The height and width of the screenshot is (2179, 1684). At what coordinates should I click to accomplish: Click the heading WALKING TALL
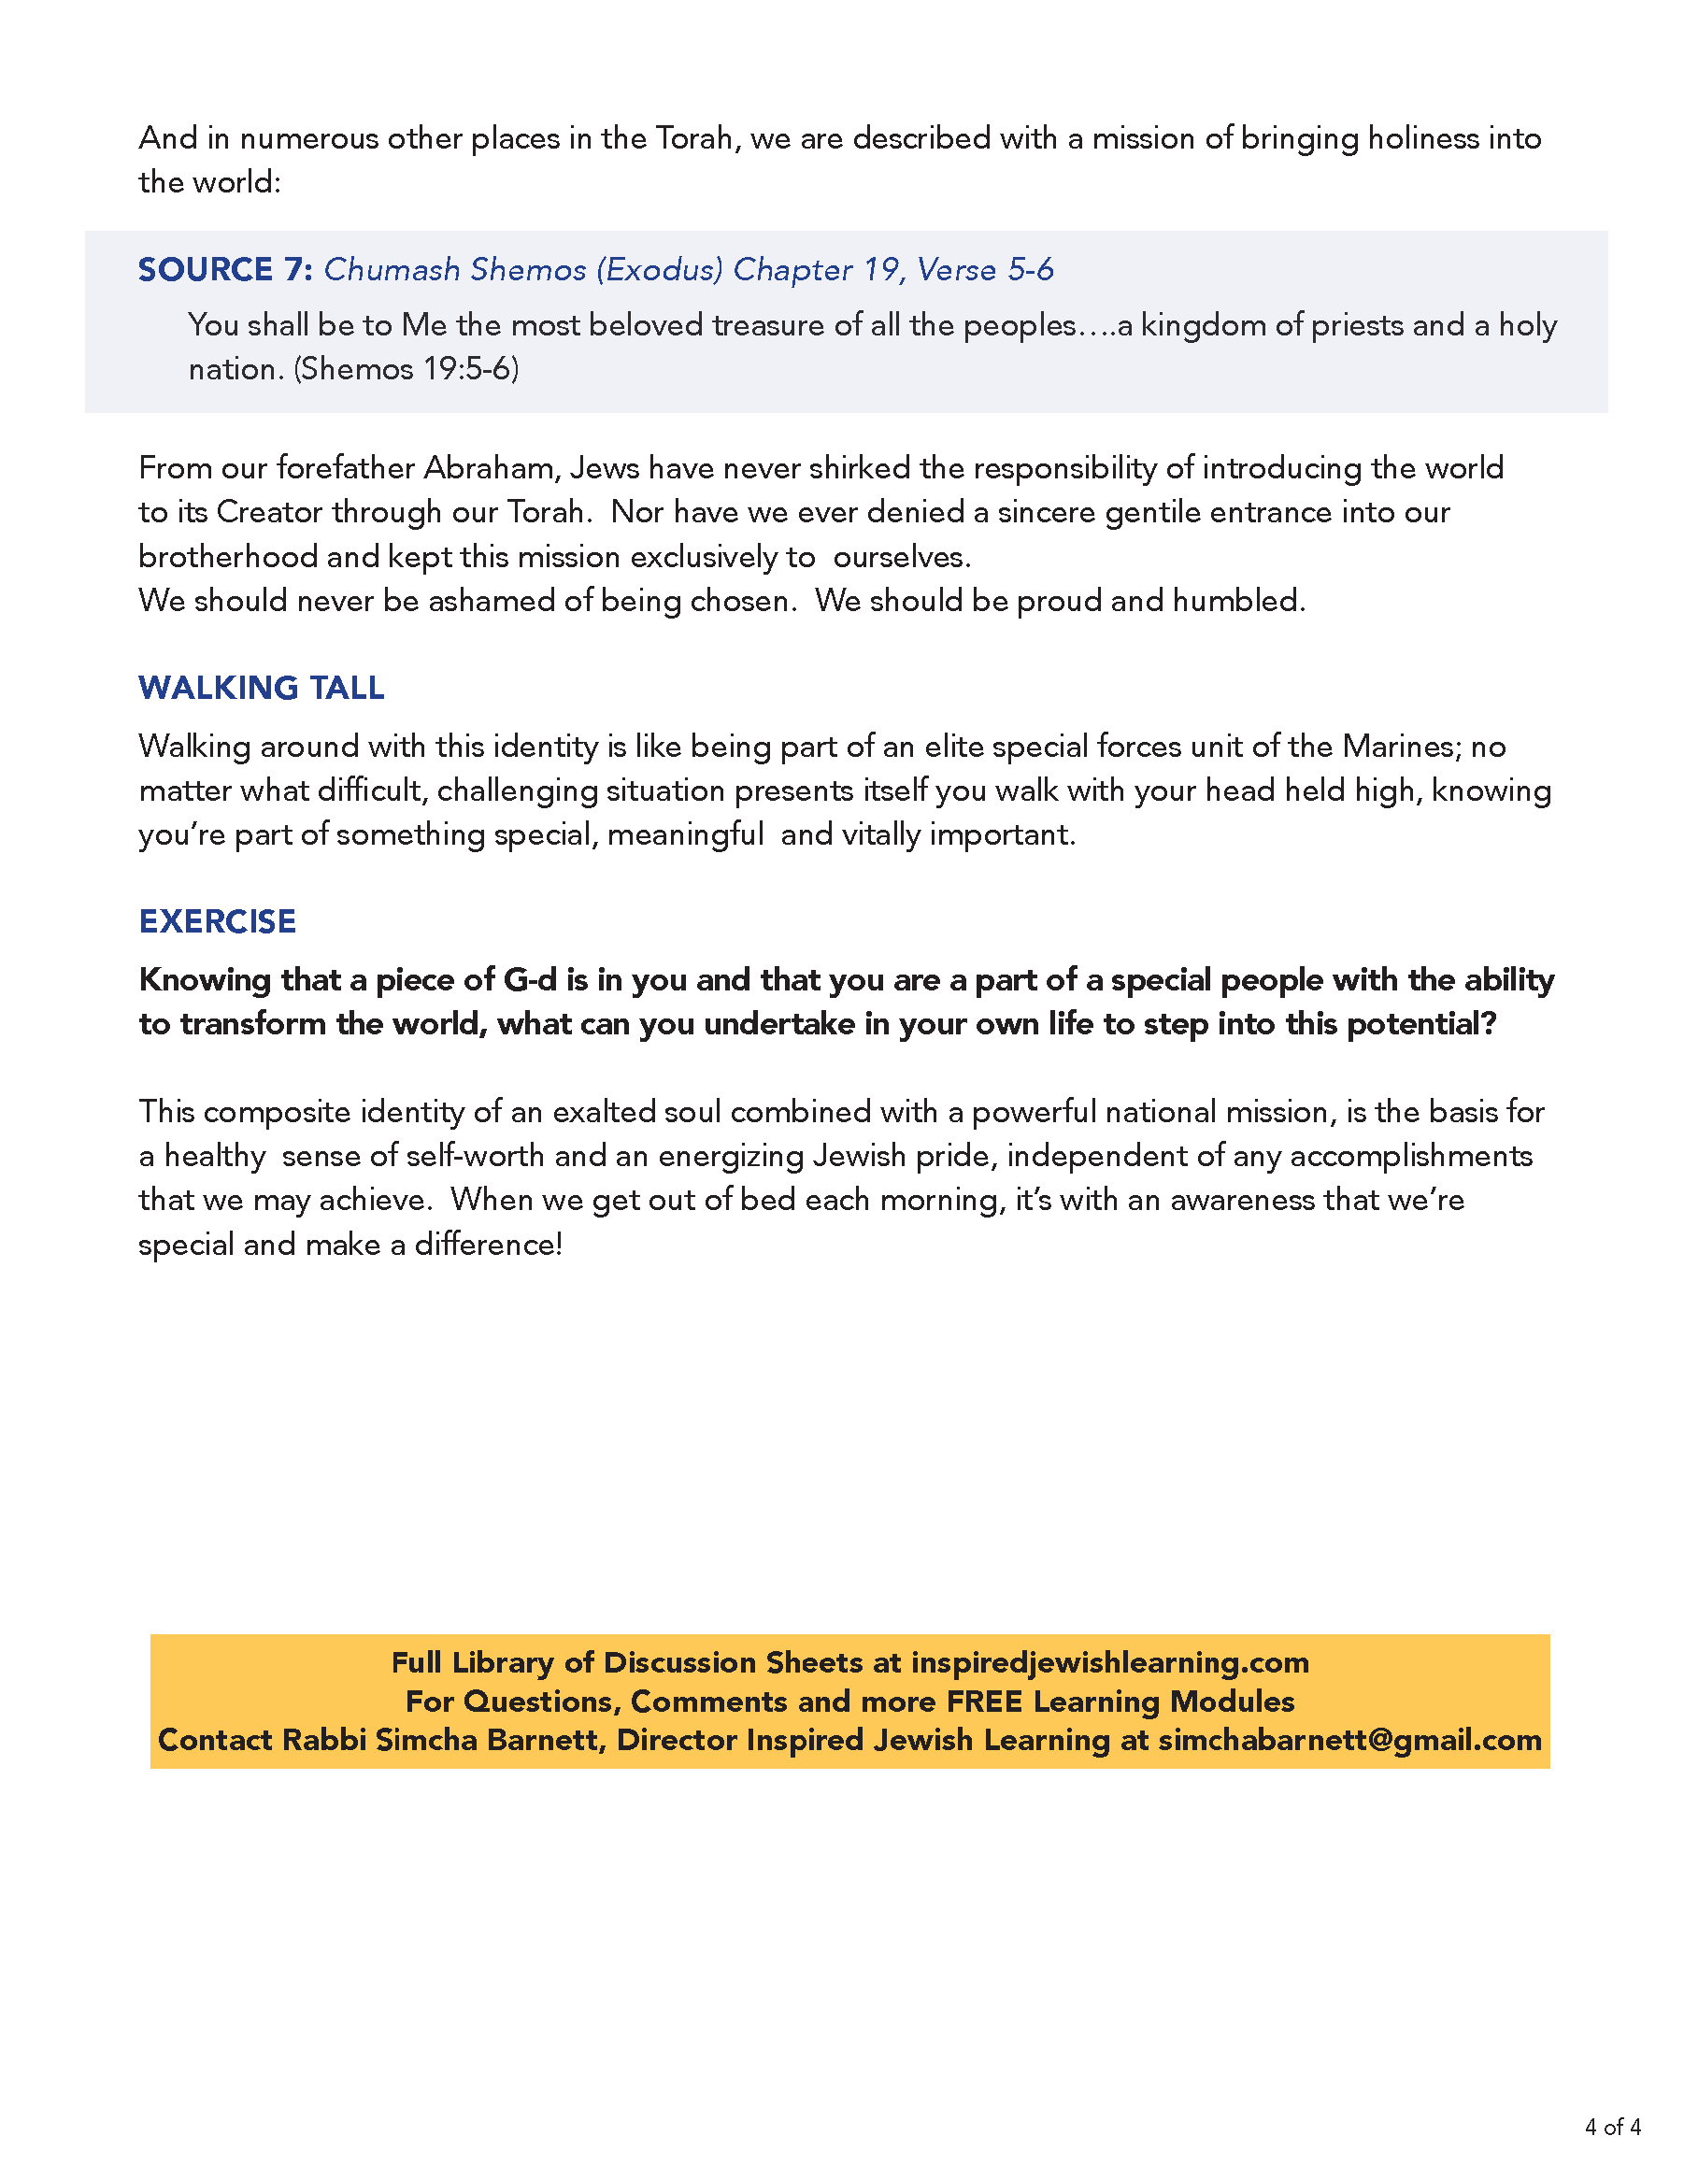pyautogui.click(x=261, y=688)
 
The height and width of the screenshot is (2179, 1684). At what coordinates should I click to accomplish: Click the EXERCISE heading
pyautogui.click(x=217, y=921)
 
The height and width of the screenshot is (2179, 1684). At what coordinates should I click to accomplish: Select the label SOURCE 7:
pyautogui.click(x=224, y=269)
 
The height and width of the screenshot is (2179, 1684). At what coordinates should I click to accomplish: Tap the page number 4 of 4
pyautogui.click(x=1612, y=2126)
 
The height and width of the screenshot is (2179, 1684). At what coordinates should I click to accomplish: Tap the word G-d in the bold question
pyautogui.click(x=530, y=980)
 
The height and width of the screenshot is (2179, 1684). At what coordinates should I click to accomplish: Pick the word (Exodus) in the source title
pyautogui.click(x=660, y=269)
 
